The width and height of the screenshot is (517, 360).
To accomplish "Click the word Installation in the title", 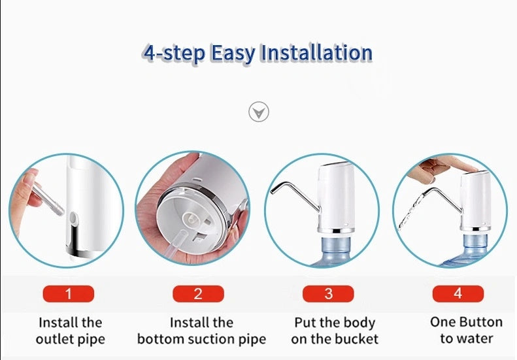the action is coord(316,53).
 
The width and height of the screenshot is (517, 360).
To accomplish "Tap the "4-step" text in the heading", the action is coord(174,54).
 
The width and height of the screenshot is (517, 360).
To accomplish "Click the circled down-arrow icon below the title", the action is coord(259,112).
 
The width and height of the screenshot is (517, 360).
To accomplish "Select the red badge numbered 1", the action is coord(68,294).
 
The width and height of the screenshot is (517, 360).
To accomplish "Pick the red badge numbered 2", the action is coord(198,294).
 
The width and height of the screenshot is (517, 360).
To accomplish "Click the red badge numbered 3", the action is coord(328,294).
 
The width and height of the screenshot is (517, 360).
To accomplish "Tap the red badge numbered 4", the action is coord(458,294).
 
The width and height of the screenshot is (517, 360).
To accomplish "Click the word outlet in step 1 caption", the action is coord(54,339).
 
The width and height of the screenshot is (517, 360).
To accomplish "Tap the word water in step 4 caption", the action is coord(475,338).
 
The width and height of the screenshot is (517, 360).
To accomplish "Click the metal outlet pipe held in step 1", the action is coord(47,200).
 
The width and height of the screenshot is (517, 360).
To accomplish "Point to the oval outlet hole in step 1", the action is coord(73,218).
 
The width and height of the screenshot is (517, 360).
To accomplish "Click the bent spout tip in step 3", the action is coord(273,191).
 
